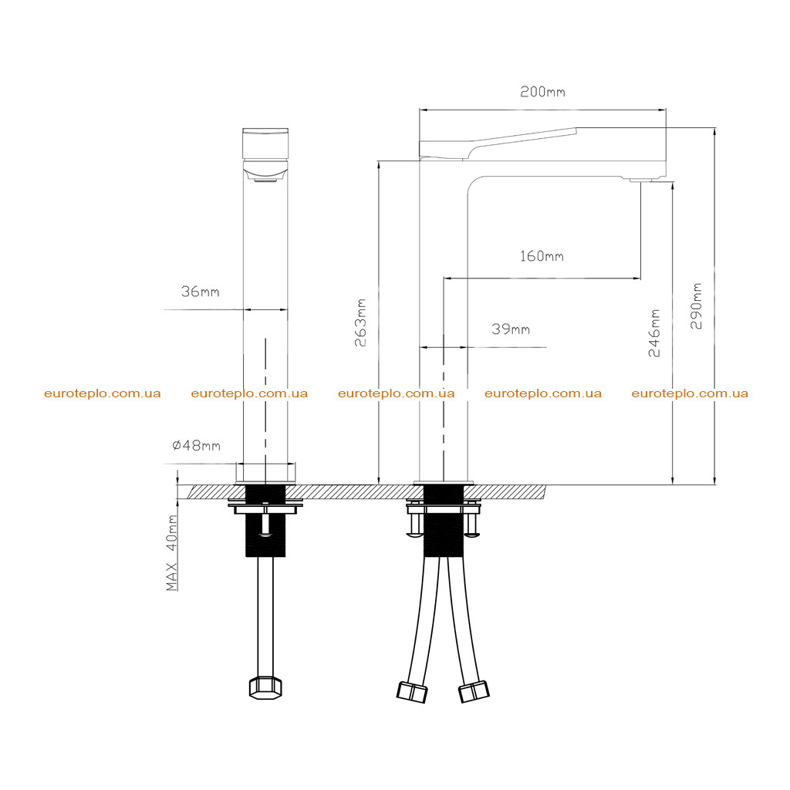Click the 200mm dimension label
point(542,92)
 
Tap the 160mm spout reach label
point(542,256)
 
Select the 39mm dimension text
point(511,329)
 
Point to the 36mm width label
point(201,291)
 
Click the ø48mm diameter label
point(197,445)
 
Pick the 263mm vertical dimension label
point(360,322)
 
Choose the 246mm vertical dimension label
point(654,333)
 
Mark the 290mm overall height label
point(696,306)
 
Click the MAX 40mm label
point(172,552)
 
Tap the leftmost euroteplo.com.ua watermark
point(103,393)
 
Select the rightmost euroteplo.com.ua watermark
point(690,393)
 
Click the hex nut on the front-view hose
point(265,687)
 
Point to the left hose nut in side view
point(412,692)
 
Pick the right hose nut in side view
point(474,691)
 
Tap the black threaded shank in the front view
point(265,521)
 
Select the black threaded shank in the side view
point(444,521)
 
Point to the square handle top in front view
point(265,143)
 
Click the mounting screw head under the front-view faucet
point(265,533)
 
